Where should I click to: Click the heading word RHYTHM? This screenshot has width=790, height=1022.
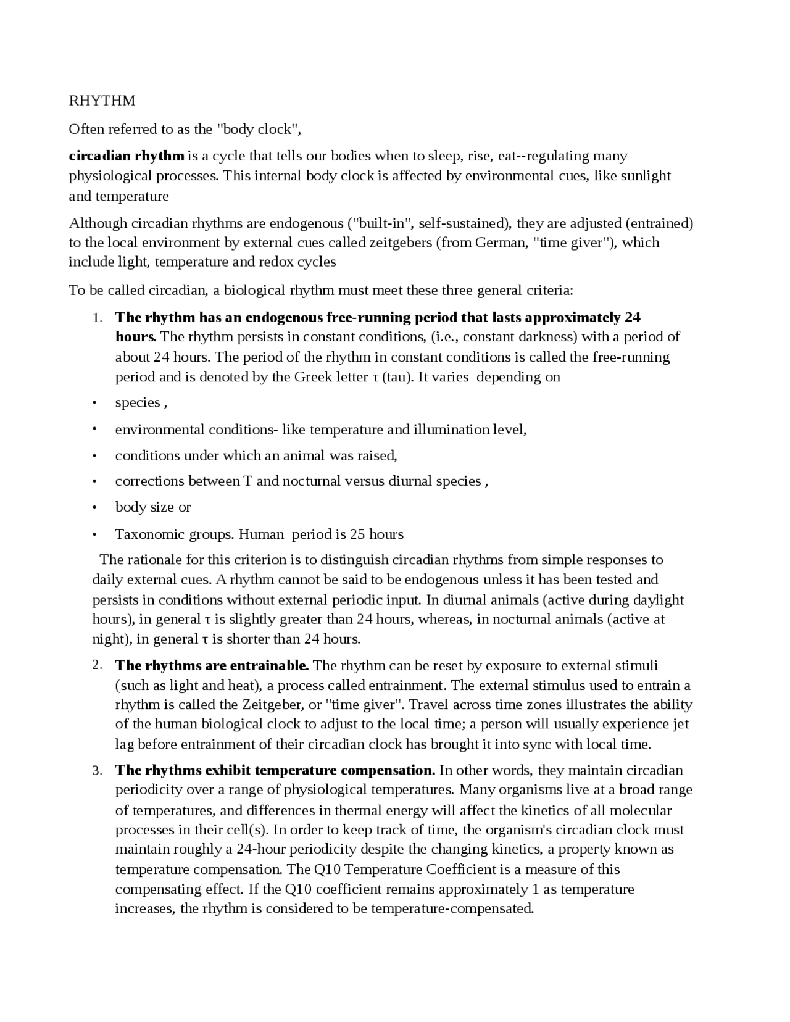point(102,101)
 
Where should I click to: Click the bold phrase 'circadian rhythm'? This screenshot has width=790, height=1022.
point(127,156)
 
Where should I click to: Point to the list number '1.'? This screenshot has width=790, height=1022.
point(97,318)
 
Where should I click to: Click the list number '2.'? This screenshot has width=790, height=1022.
point(97,665)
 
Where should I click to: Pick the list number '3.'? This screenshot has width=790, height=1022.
point(97,771)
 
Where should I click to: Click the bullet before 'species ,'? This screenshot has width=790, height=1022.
point(94,404)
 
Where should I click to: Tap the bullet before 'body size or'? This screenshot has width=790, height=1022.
point(94,508)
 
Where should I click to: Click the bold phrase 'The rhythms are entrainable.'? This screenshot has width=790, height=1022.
point(212,666)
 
